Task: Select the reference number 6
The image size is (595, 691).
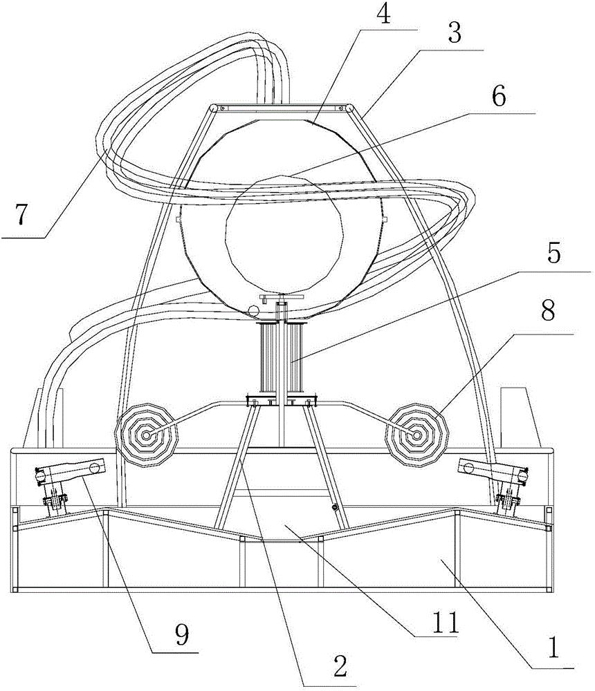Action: (x=499, y=97)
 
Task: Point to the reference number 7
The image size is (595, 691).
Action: (x=21, y=216)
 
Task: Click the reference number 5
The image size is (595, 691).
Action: (x=553, y=254)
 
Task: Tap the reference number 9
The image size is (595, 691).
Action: (x=182, y=635)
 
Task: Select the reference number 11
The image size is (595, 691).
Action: (x=445, y=623)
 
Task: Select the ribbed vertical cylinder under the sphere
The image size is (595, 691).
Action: (x=281, y=358)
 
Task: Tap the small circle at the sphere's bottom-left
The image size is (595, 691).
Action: (x=253, y=310)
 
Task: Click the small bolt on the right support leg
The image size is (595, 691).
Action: (x=335, y=508)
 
